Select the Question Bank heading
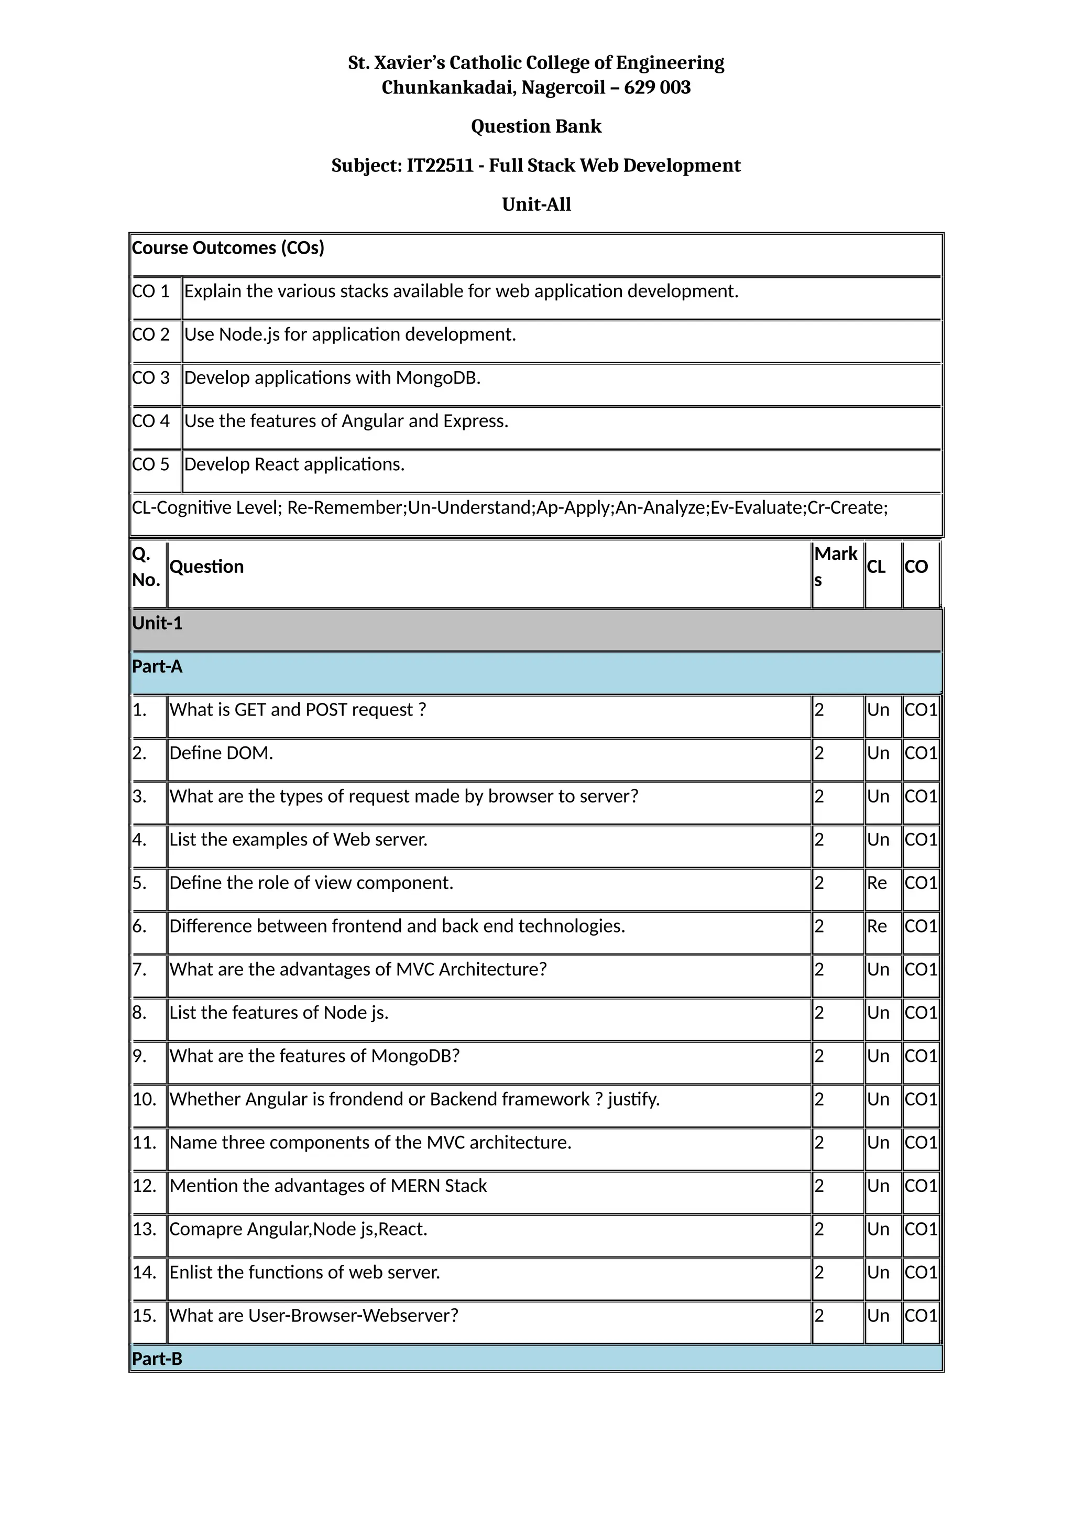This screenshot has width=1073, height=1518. [x=536, y=126]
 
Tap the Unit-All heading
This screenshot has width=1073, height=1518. [x=536, y=204]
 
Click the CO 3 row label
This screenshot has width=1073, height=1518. [x=151, y=377]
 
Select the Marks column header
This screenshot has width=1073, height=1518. [x=835, y=566]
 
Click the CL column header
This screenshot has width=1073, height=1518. [x=875, y=567]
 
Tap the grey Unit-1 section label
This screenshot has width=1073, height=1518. [x=157, y=623]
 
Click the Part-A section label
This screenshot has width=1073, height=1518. [x=157, y=666]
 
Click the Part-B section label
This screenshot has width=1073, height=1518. [x=157, y=1359]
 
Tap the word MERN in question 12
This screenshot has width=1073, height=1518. [x=415, y=1186]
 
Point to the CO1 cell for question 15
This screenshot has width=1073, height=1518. [x=921, y=1316]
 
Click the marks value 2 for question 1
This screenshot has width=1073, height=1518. [x=819, y=710]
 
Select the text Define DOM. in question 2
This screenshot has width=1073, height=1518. [x=221, y=753]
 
